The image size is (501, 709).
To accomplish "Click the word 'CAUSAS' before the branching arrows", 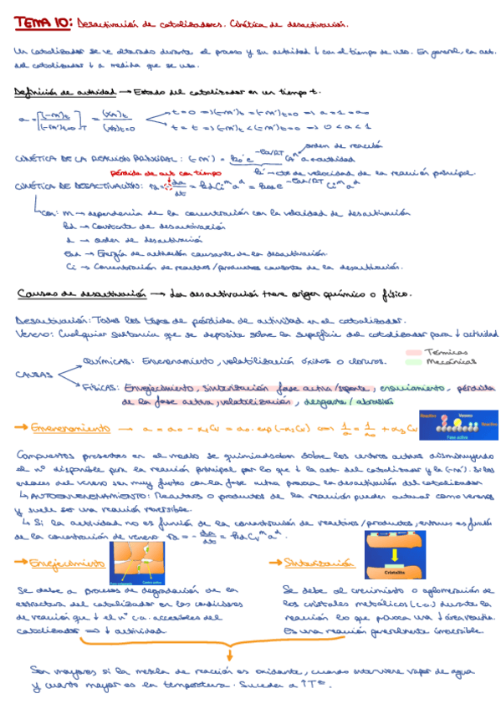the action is click(x=32, y=374).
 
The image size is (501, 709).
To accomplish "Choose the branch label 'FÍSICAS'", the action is click(x=101, y=387).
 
